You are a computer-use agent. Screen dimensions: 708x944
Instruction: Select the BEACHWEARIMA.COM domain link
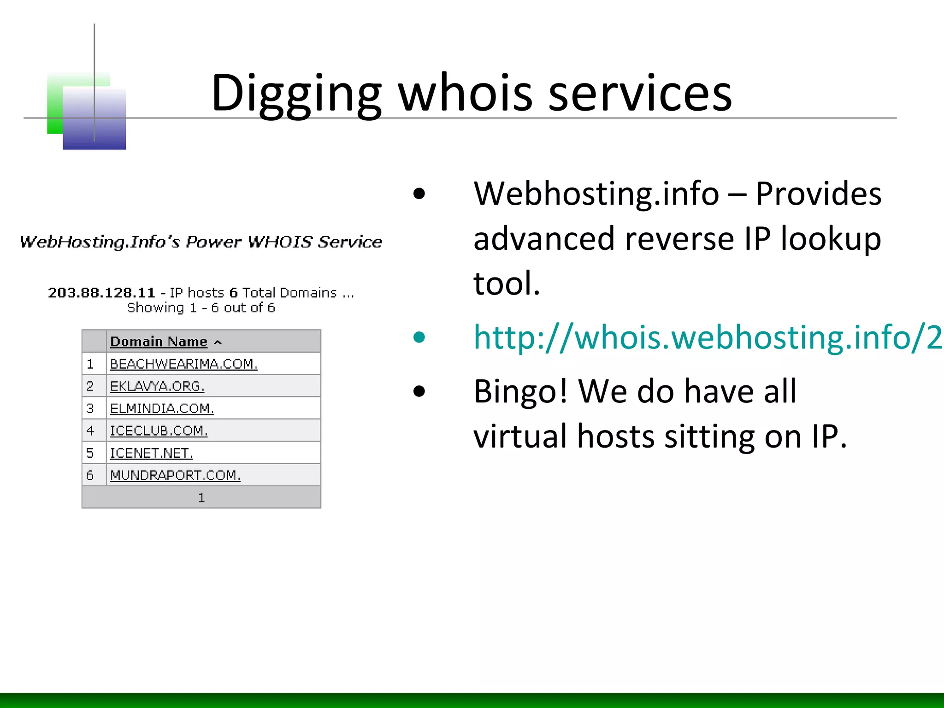(x=183, y=364)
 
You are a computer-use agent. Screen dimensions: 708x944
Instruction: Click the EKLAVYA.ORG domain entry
(x=157, y=386)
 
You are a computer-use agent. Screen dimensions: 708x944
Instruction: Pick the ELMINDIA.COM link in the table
(x=162, y=408)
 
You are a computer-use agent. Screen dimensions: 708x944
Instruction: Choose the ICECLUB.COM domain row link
(x=159, y=431)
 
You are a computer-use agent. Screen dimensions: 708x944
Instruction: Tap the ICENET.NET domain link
(x=151, y=453)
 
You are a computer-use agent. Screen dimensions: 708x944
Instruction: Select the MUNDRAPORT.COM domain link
(x=175, y=475)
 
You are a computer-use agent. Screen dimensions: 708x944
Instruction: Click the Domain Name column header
(x=159, y=342)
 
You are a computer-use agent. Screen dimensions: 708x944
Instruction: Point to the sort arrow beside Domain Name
(x=218, y=342)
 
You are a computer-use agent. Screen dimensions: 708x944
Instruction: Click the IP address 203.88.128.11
(x=101, y=293)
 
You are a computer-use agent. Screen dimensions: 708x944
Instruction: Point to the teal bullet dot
(x=419, y=337)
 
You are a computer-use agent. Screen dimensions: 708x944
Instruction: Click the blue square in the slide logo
(x=94, y=119)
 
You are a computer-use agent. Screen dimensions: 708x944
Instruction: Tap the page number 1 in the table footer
(x=201, y=498)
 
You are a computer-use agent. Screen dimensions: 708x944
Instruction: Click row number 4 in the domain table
(x=90, y=431)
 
